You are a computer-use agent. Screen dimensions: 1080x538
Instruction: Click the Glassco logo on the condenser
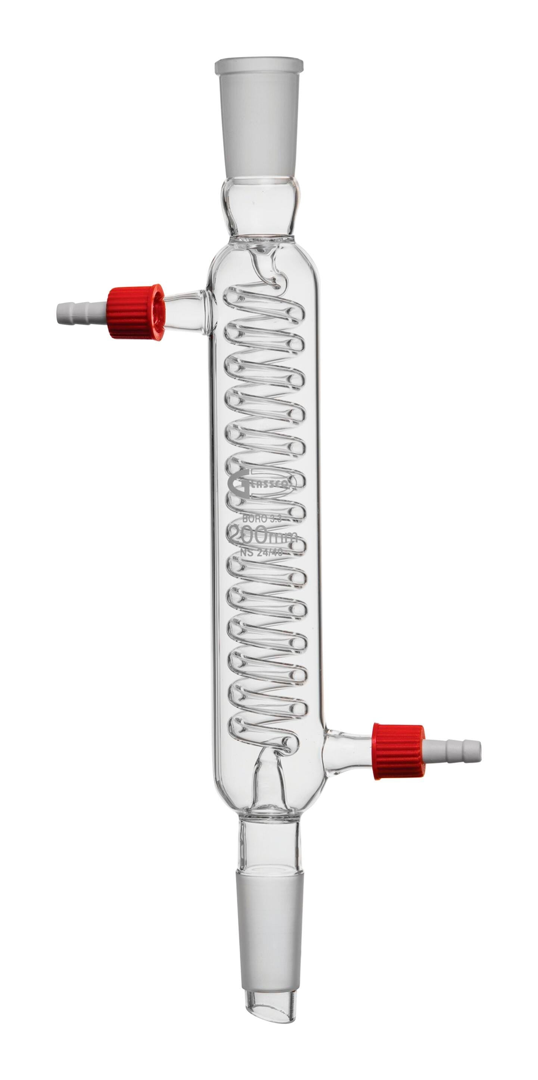point(263,485)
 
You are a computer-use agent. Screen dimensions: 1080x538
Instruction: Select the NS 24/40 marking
point(262,553)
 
